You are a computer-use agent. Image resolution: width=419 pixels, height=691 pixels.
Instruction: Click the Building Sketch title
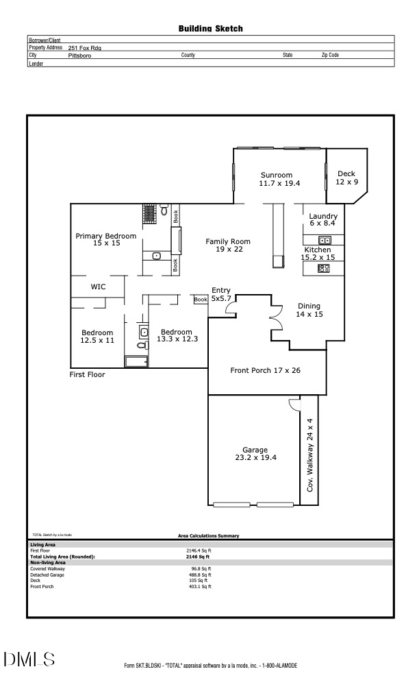pos(210,29)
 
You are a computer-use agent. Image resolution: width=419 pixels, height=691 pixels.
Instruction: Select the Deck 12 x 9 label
pos(346,178)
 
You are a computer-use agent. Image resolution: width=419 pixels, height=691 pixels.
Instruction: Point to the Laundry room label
pos(323,219)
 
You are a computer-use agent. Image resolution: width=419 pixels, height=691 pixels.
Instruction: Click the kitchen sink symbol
pos(325,240)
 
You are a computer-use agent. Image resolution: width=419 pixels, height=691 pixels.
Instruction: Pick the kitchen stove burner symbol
pos(324,269)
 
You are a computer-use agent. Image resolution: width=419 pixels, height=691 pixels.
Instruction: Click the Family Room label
pos(228,245)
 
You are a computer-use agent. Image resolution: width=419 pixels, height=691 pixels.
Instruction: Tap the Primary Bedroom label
pos(105,239)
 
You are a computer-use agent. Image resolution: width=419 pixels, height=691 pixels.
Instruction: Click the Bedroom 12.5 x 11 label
pos(97,336)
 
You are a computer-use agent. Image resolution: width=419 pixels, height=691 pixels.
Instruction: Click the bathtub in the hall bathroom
pos(136,361)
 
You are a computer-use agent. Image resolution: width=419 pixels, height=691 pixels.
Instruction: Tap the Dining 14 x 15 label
pos(308,310)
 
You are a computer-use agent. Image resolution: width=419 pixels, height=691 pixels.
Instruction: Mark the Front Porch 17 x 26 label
pos(265,370)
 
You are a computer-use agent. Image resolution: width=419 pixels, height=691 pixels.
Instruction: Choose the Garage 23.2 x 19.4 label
pos(255,454)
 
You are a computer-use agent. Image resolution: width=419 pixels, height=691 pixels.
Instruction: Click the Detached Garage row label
pos(45,574)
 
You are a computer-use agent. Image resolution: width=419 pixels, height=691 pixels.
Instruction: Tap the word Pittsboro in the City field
pos(80,55)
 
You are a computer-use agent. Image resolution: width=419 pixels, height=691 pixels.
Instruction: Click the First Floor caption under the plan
pos(87,375)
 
